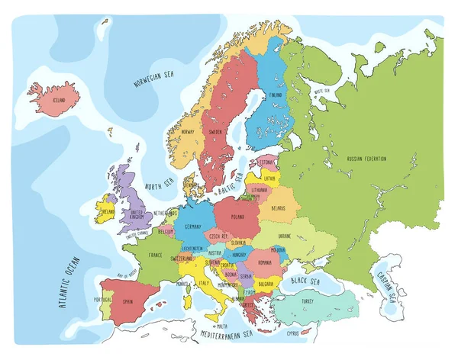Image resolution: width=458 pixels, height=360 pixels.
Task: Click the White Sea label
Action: click(321, 92)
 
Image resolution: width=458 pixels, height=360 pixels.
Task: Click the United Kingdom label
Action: click(137, 215)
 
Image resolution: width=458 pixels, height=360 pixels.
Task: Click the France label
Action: click(155, 255)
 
